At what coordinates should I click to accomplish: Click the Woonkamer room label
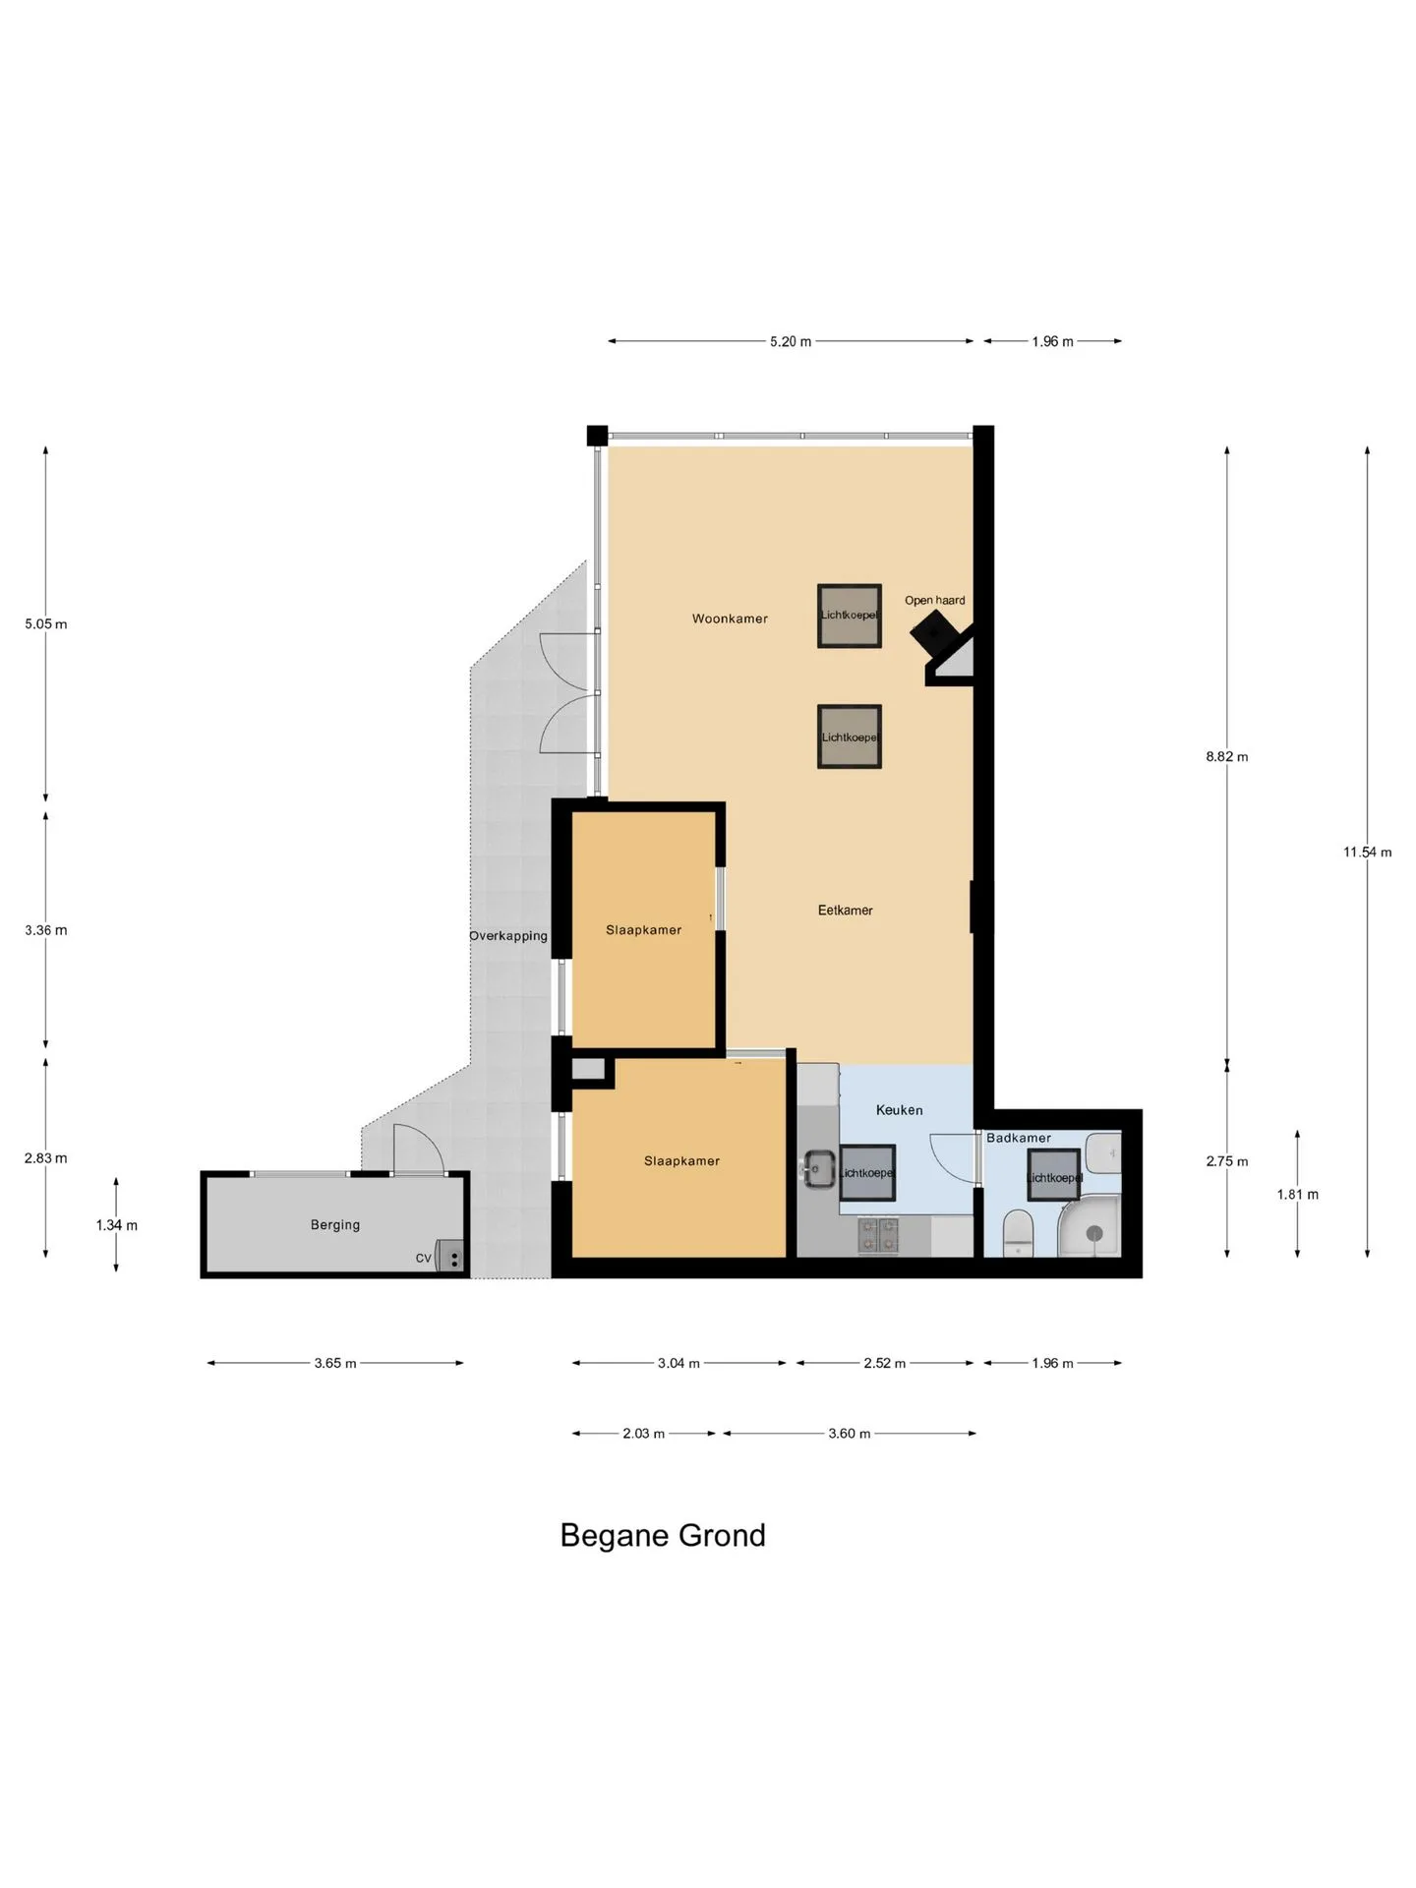point(730,619)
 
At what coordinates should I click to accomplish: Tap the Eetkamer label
point(845,911)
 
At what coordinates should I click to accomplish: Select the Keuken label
point(899,1110)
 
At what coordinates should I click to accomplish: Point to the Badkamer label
point(1019,1138)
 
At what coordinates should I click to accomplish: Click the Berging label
point(335,1225)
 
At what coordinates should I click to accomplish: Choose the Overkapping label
point(508,936)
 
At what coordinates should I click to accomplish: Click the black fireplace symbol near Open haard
point(933,631)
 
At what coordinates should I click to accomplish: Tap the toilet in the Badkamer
point(1018,1233)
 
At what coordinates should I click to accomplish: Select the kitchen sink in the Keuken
point(817,1169)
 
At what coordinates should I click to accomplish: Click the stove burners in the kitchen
point(878,1236)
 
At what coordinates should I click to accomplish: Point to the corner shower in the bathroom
point(1090,1227)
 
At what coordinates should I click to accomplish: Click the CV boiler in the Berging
point(451,1256)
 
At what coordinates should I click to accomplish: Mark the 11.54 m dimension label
point(1367,853)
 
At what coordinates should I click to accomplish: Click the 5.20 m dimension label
point(791,342)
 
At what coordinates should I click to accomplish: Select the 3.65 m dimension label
point(335,1364)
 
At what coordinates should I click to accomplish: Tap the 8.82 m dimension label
point(1226,757)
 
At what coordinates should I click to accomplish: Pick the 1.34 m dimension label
point(116,1226)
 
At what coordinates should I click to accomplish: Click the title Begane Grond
point(663,1536)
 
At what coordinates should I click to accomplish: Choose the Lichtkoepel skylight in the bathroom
point(1053,1176)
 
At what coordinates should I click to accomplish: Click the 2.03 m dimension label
point(643,1434)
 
